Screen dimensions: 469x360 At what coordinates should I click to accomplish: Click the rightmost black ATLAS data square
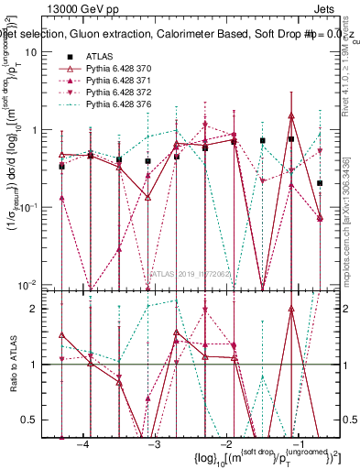(319, 183)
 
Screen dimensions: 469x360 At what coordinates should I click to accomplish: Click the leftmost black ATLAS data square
(61, 167)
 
